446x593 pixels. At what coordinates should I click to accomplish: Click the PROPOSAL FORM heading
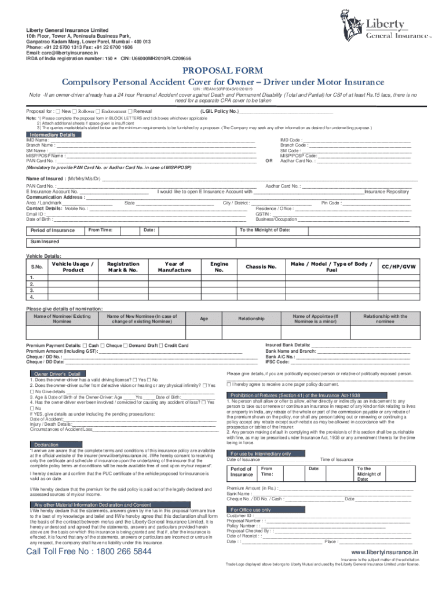(223, 71)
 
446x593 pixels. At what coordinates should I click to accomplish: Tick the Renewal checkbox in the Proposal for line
(131, 111)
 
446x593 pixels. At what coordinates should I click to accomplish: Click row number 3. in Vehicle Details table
(32, 291)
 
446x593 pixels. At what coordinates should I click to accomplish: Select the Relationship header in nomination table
(251, 319)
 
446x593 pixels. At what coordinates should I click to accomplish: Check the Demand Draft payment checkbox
(126, 345)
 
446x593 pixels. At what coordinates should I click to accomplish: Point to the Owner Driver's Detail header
(57, 374)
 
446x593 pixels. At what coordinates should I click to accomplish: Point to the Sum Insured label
(45, 241)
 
